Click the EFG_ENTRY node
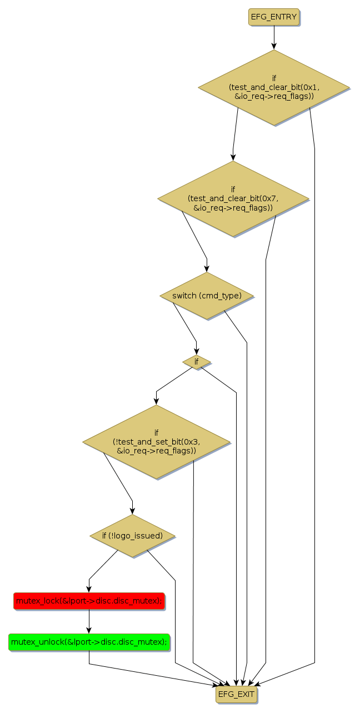tap(273, 17)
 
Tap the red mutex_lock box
tap(89, 601)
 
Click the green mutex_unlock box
tap(89, 641)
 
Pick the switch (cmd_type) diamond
tap(207, 296)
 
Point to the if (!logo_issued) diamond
tap(132, 536)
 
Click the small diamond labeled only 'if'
tap(196, 362)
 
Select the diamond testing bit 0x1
tap(273, 87)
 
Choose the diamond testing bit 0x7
tap(233, 198)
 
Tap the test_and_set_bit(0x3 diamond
tap(156, 442)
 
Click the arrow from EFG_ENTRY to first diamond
tap(273, 38)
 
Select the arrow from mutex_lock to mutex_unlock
tap(89, 621)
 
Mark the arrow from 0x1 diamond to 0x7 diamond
tap(235, 133)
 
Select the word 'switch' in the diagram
tap(184, 296)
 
